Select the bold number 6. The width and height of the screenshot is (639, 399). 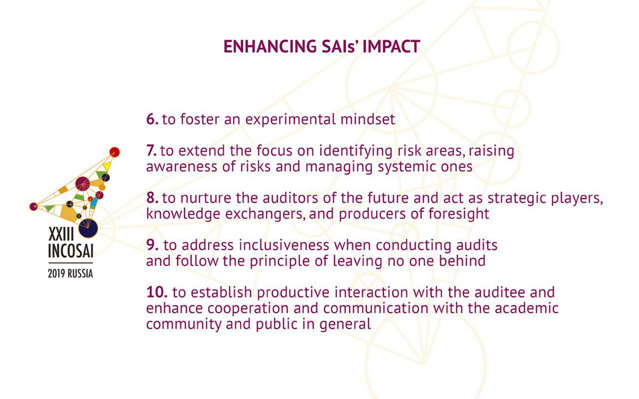152,119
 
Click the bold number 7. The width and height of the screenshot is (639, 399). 152,151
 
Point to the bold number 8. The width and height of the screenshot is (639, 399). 152,198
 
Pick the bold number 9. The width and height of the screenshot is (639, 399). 152,246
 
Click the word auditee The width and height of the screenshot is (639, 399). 471,292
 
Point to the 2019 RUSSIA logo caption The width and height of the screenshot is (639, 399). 70,275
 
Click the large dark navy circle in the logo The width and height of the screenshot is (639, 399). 89,227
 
